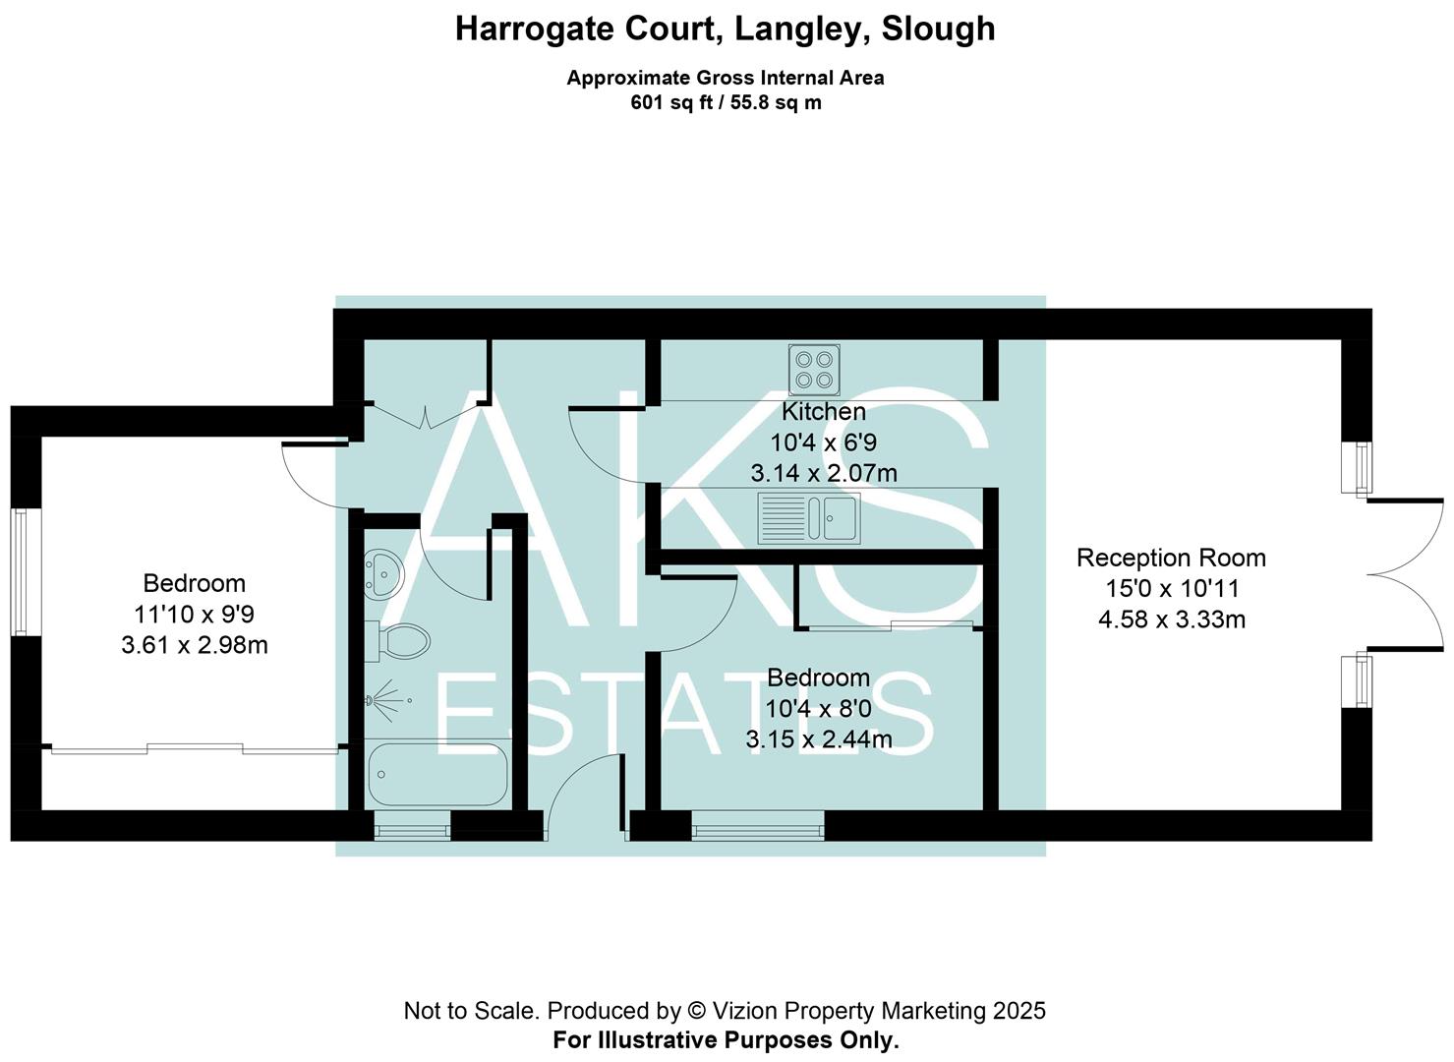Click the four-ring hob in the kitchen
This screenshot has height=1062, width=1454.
[x=814, y=369]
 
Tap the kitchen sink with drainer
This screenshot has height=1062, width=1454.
[x=809, y=517]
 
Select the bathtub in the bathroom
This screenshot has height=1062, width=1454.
[x=437, y=774]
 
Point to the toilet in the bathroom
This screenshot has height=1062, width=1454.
[x=399, y=641]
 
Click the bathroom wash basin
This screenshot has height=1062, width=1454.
[x=382, y=572]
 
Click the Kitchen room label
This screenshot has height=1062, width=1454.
[x=824, y=411]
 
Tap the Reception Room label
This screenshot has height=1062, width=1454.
[x=1171, y=558]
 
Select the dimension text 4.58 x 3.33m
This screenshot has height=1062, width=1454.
[x=1171, y=619]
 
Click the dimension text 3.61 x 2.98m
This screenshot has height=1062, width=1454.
[x=195, y=645]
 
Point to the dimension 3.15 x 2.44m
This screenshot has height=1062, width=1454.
[x=819, y=739]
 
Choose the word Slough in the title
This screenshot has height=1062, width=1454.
[x=938, y=29]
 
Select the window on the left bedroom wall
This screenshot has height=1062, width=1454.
[x=25, y=571]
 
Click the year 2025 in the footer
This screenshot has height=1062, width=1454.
[x=1018, y=1010]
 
